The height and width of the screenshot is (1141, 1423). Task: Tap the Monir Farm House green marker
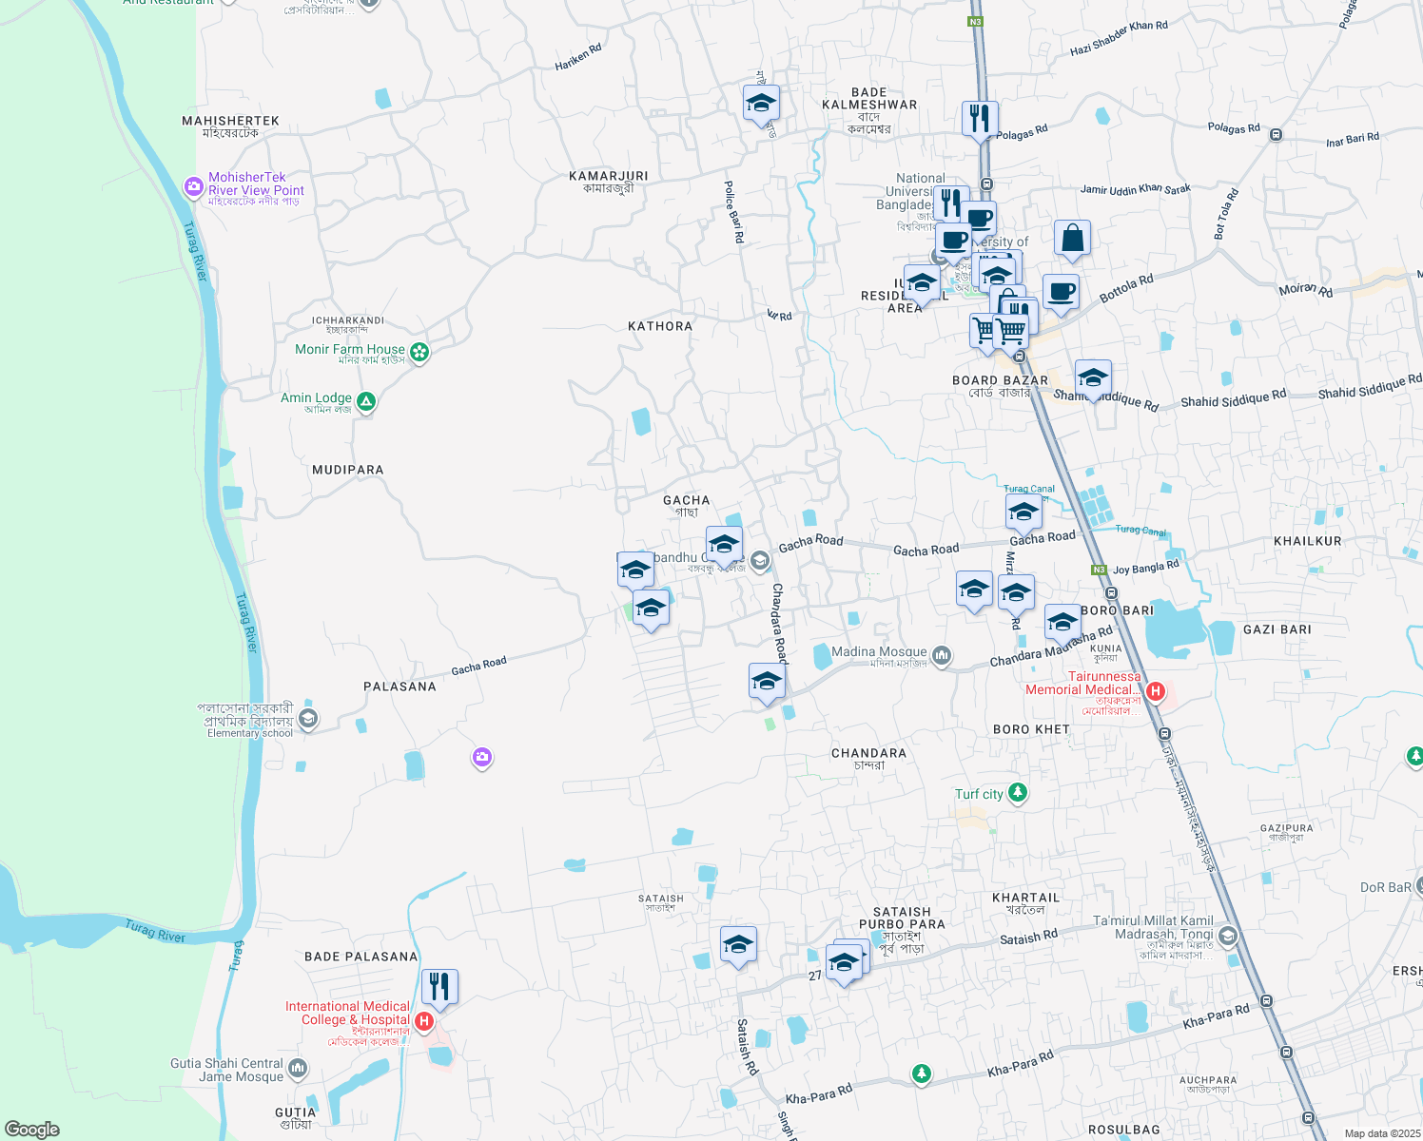coord(419,353)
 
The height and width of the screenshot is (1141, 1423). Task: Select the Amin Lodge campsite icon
coord(366,402)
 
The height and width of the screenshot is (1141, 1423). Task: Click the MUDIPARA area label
coord(348,470)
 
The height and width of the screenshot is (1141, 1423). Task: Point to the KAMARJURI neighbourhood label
coord(609,176)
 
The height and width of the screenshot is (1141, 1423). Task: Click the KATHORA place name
coord(660,326)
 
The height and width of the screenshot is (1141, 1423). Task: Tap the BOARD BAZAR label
coord(1000,380)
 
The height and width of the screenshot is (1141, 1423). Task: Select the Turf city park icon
coord(1018,793)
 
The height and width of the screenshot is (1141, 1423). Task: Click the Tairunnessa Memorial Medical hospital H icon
coord(1156,691)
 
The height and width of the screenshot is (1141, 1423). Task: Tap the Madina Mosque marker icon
coord(942,655)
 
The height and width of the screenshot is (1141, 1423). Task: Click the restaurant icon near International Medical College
coord(439,987)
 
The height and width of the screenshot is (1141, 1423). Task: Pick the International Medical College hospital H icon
coord(424,1022)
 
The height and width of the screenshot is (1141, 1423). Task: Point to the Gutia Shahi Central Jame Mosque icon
coord(298,1070)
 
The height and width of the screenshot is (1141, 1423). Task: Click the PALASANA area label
coord(400,687)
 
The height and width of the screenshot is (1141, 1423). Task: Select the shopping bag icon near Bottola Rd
coord(1072,240)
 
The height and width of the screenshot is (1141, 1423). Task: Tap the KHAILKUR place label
coord(1307,541)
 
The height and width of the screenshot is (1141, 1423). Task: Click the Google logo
coord(32,1129)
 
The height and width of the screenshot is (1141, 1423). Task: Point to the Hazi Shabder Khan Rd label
coord(1119,38)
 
